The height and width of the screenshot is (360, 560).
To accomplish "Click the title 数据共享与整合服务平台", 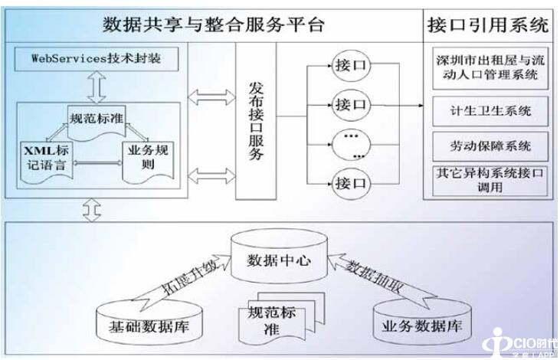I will pos(214,25).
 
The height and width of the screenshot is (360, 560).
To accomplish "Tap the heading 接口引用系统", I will pos(487,25).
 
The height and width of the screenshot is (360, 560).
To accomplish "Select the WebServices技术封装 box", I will pos(97,58).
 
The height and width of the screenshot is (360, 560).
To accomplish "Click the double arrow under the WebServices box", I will pos(97,87).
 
